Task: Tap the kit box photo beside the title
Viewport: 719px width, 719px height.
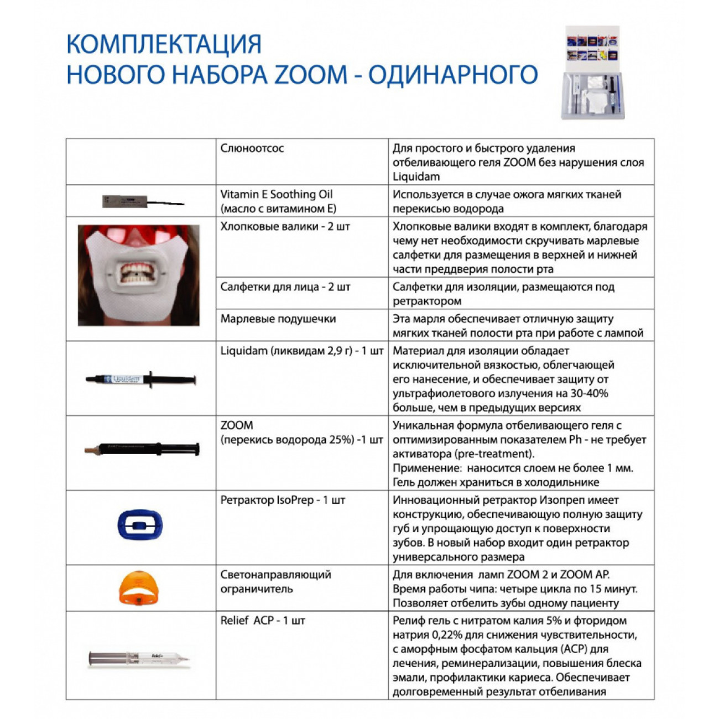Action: point(593,72)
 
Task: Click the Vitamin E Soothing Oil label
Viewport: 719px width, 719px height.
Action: point(277,194)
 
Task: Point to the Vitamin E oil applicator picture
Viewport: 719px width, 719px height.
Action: point(143,201)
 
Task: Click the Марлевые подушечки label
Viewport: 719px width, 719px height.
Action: point(278,319)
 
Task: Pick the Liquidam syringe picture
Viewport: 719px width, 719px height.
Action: point(140,379)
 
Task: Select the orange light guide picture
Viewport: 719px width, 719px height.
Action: point(140,587)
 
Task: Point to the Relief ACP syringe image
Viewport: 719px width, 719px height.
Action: point(139,658)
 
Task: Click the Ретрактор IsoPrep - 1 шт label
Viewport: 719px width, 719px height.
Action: point(283,500)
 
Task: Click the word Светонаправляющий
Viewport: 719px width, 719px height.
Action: point(275,575)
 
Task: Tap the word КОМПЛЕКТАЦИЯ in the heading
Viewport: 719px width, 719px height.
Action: point(164,44)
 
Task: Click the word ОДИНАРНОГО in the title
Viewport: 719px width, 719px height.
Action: point(453,75)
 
